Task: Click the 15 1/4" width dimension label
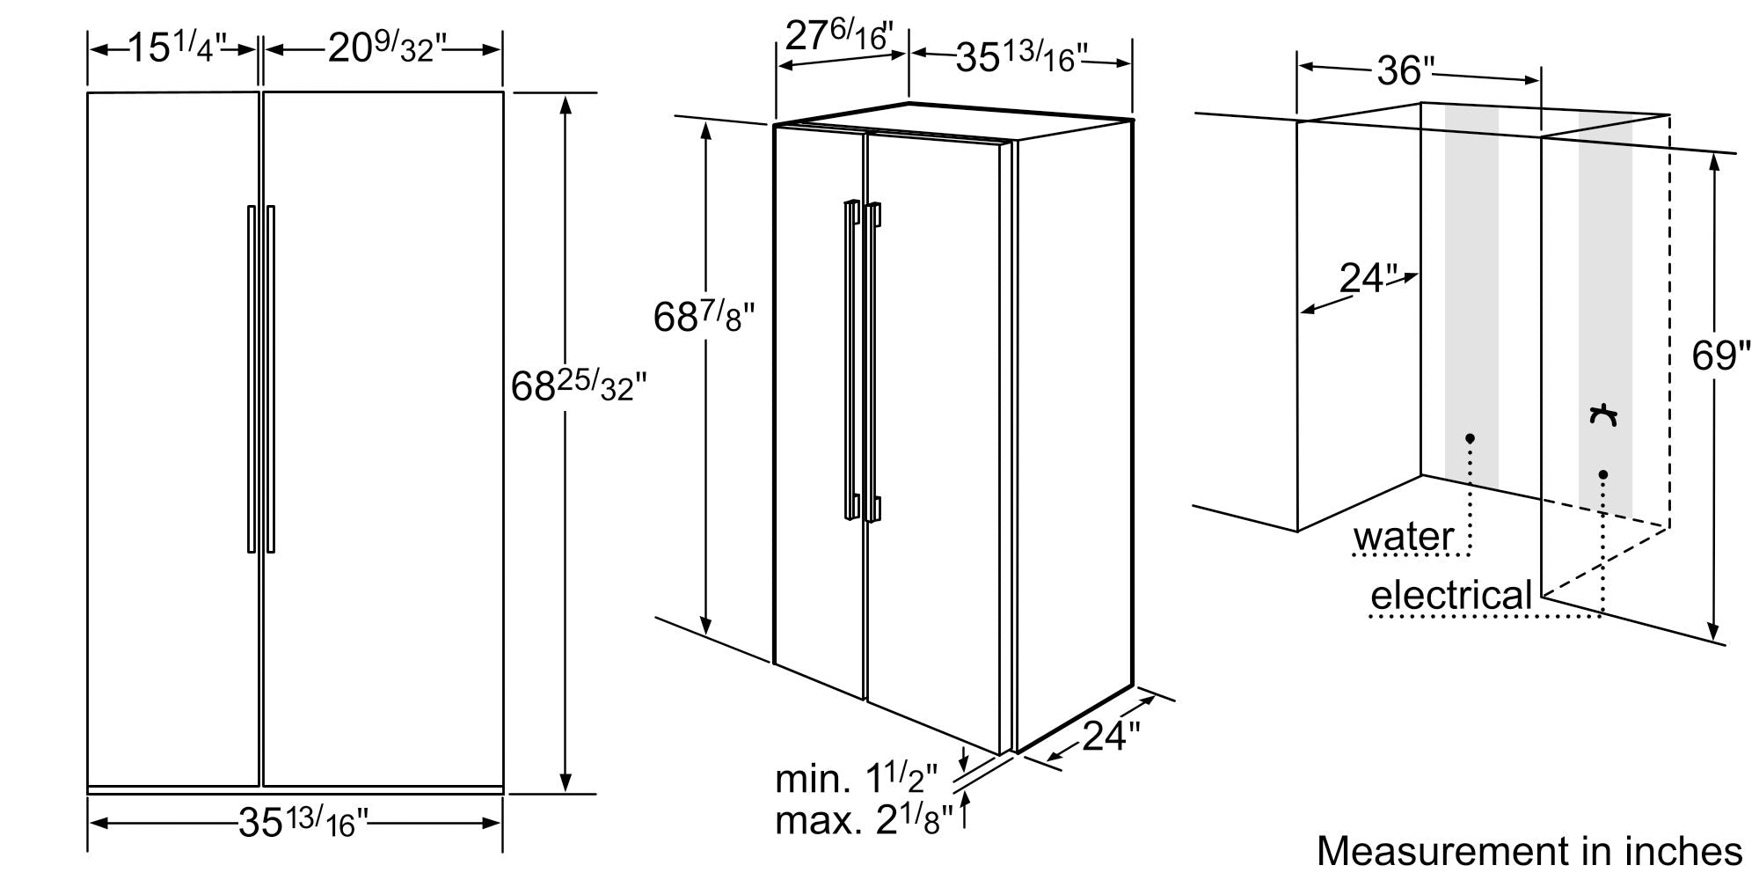[x=178, y=48]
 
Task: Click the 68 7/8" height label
[x=704, y=317]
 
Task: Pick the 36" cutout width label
[x=1405, y=70]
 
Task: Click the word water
[x=1403, y=537]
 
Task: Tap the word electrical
[x=1452, y=596]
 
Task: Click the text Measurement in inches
[x=1529, y=851]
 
